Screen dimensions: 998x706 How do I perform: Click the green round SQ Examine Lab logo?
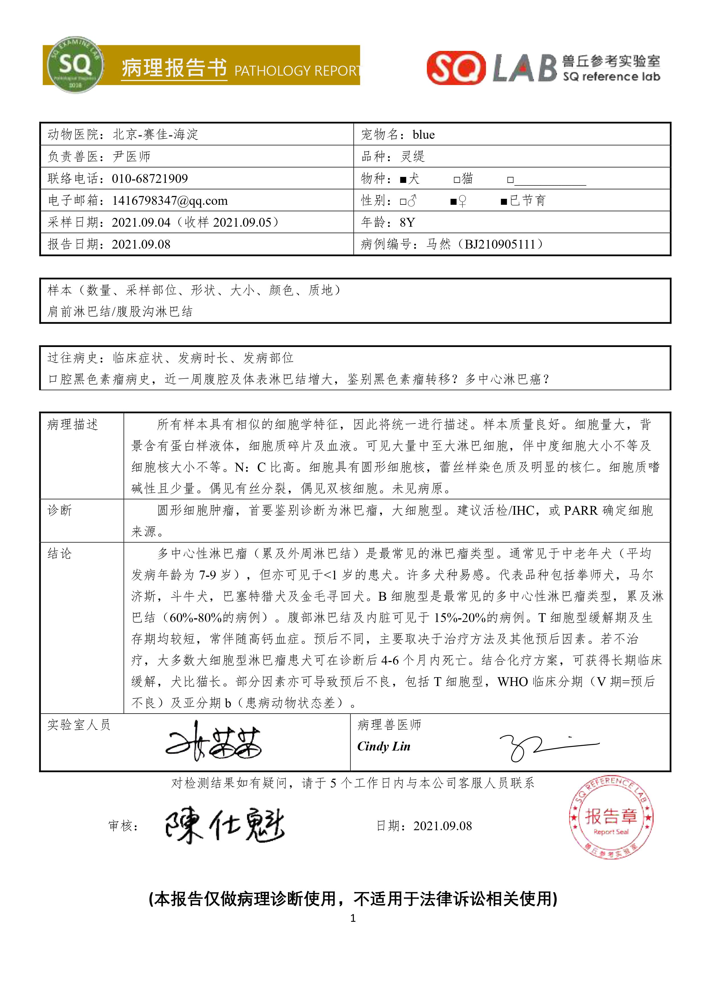coord(75,64)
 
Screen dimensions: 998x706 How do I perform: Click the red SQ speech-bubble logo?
coord(456,67)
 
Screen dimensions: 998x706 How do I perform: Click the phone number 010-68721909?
coord(150,179)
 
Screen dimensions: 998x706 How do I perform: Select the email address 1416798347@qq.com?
coord(170,201)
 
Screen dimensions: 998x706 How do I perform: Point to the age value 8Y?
coord(407,222)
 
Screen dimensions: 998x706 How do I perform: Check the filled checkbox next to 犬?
coord(403,179)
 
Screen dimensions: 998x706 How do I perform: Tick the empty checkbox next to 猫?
coord(457,179)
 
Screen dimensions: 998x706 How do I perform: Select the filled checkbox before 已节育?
coord(504,201)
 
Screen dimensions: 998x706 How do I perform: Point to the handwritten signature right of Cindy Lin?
coord(548,747)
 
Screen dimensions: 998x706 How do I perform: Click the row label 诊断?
coord(59,510)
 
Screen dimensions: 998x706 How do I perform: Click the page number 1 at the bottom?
coord(353,918)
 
